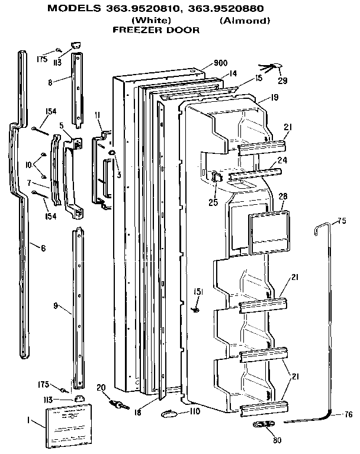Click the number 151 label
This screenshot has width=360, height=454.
pyautogui.click(x=199, y=291)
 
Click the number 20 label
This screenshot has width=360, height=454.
pyautogui.click(x=100, y=387)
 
